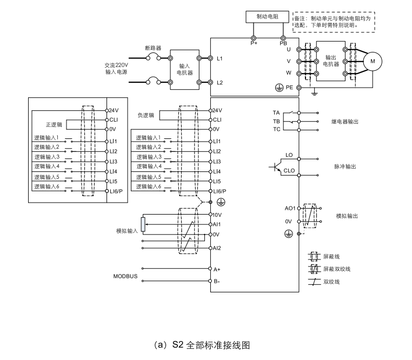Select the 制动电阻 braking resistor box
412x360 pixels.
(268, 17)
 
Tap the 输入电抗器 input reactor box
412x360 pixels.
(184, 69)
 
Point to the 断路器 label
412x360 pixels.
(153, 48)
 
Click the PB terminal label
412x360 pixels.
(283, 43)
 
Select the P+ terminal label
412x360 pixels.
(254, 43)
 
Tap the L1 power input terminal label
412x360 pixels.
(220, 58)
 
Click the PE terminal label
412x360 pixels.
(289, 87)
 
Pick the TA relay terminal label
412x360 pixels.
(276, 112)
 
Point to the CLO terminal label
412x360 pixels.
(289, 171)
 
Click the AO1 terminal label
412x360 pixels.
(290, 208)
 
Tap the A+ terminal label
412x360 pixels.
(217, 269)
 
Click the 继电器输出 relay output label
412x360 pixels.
(344, 122)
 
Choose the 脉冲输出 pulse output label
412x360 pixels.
(345, 166)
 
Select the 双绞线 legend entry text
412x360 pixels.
(330, 282)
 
